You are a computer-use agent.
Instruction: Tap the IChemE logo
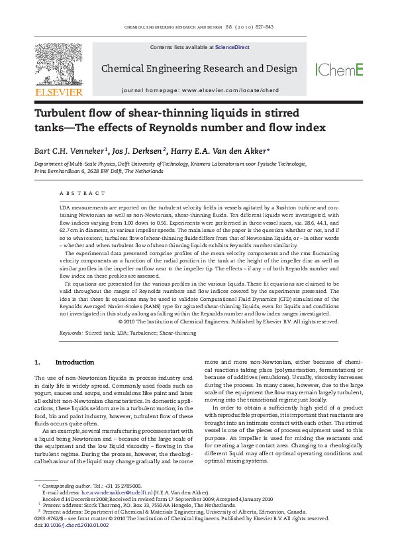point(339,70)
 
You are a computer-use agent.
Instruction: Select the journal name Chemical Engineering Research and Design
point(199,68)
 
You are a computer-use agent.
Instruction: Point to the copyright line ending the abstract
point(228,321)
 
